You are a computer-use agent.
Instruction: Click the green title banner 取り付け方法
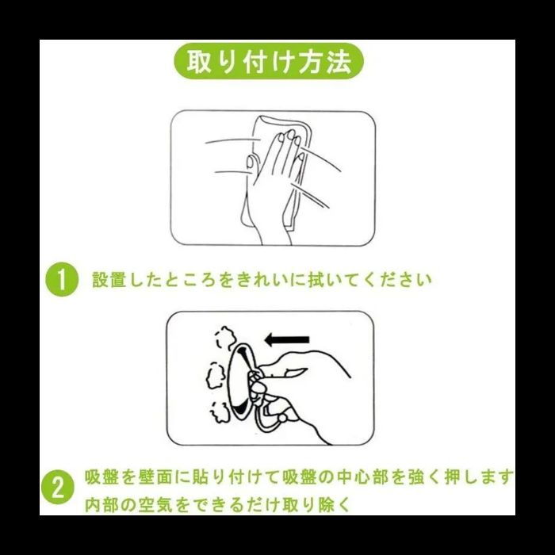(x=269, y=62)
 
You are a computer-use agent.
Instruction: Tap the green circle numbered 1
(x=62, y=280)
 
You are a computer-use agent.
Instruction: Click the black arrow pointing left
(x=287, y=340)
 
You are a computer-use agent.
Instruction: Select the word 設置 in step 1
(x=109, y=280)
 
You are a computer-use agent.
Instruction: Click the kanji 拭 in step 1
(x=316, y=280)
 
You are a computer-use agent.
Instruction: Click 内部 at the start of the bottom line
(x=101, y=504)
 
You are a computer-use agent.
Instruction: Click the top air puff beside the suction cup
(x=225, y=338)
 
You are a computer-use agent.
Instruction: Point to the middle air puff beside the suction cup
(x=215, y=376)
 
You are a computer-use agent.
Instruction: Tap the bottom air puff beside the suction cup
(x=220, y=412)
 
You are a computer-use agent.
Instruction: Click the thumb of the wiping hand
(x=251, y=163)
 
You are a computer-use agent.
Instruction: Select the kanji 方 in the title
(x=311, y=62)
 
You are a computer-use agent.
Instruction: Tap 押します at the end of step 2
(x=478, y=477)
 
